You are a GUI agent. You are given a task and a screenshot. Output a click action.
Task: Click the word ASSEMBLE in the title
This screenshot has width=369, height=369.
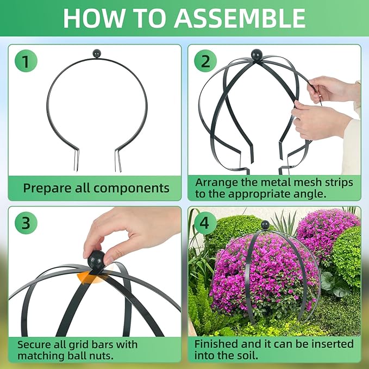[240, 18]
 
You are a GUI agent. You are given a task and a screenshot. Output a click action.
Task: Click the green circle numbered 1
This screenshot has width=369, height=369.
[26, 61]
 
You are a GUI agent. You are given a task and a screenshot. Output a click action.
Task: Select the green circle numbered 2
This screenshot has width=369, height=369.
[205, 61]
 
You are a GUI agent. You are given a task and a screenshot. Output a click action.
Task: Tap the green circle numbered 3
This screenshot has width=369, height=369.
[26, 223]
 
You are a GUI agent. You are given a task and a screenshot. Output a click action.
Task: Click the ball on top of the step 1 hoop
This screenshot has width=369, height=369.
[97, 54]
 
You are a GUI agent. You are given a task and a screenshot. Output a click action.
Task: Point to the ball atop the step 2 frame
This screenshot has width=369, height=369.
[257, 54]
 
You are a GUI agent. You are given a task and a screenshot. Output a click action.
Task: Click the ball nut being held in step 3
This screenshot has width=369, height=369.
[96, 260]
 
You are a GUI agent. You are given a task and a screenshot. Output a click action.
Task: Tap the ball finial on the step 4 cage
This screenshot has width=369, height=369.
[265, 225]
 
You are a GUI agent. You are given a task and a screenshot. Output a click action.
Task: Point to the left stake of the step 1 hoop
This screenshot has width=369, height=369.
[76, 160]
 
